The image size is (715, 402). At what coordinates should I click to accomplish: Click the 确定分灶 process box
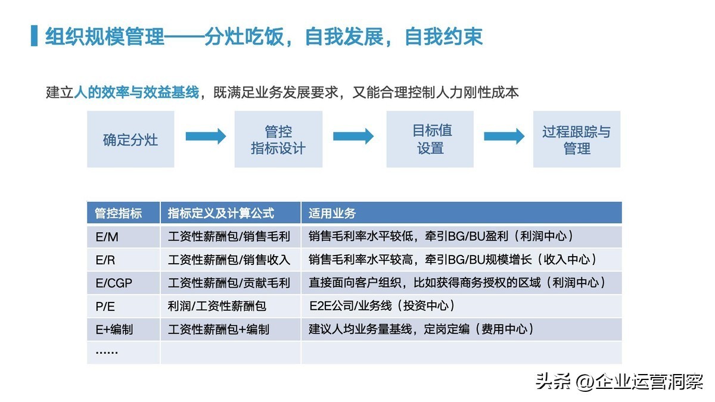[x=130, y=139]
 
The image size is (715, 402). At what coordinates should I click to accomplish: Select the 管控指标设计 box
[x=278, y=139]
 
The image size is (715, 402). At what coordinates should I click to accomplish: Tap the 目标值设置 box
[x=430, y=139]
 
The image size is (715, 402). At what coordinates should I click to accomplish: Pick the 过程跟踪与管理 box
[x=577, y=139]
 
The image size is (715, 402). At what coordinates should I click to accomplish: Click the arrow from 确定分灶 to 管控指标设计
[x=206, y=136]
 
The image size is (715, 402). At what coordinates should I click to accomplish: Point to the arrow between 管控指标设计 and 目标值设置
[x=353, y=136]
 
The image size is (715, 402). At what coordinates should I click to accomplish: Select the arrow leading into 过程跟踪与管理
[x=504, y=136]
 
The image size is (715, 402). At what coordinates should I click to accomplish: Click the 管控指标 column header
[x=118, y=213]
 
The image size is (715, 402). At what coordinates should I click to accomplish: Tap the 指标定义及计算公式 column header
[x=221, y=213]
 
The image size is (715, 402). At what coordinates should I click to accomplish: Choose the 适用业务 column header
[x=332, y=213]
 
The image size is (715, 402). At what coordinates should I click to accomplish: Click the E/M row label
[x=107, y=237]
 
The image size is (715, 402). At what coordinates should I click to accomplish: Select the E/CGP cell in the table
[x=114, y=283]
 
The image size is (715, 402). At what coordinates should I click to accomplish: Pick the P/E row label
[x=105, y=307]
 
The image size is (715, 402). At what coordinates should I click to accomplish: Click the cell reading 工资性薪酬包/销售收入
[x=229, y=260]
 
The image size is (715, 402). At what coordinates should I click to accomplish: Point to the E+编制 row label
[x=114, y=329]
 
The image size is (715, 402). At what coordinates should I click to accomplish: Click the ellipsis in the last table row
[x=107, y=352]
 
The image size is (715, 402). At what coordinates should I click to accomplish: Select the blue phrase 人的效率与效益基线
[x=136, y=92]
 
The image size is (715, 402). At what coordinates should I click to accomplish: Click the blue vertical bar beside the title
[x=34, y=36]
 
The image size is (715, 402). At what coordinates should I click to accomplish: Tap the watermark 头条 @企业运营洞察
[x=619, y=381]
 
